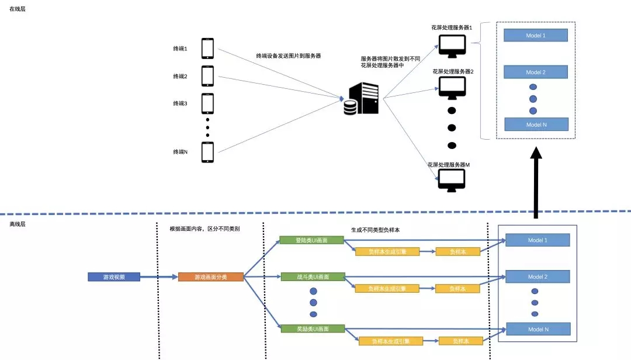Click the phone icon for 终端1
[207, 49]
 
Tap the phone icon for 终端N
[207, 152]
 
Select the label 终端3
[180, 103]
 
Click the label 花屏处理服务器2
[453, 71]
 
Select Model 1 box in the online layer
[536, 36]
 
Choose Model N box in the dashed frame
[536, 124]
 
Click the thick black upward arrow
[535, 181]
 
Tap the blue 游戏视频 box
[114, 277]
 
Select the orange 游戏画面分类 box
[210, 277]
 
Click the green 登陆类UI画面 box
[312, 240]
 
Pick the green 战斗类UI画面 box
[312, 276]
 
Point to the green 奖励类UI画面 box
[312, 329]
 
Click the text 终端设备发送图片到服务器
[289, 56]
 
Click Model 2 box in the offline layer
[537, 276]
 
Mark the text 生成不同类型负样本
[376, 230]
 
